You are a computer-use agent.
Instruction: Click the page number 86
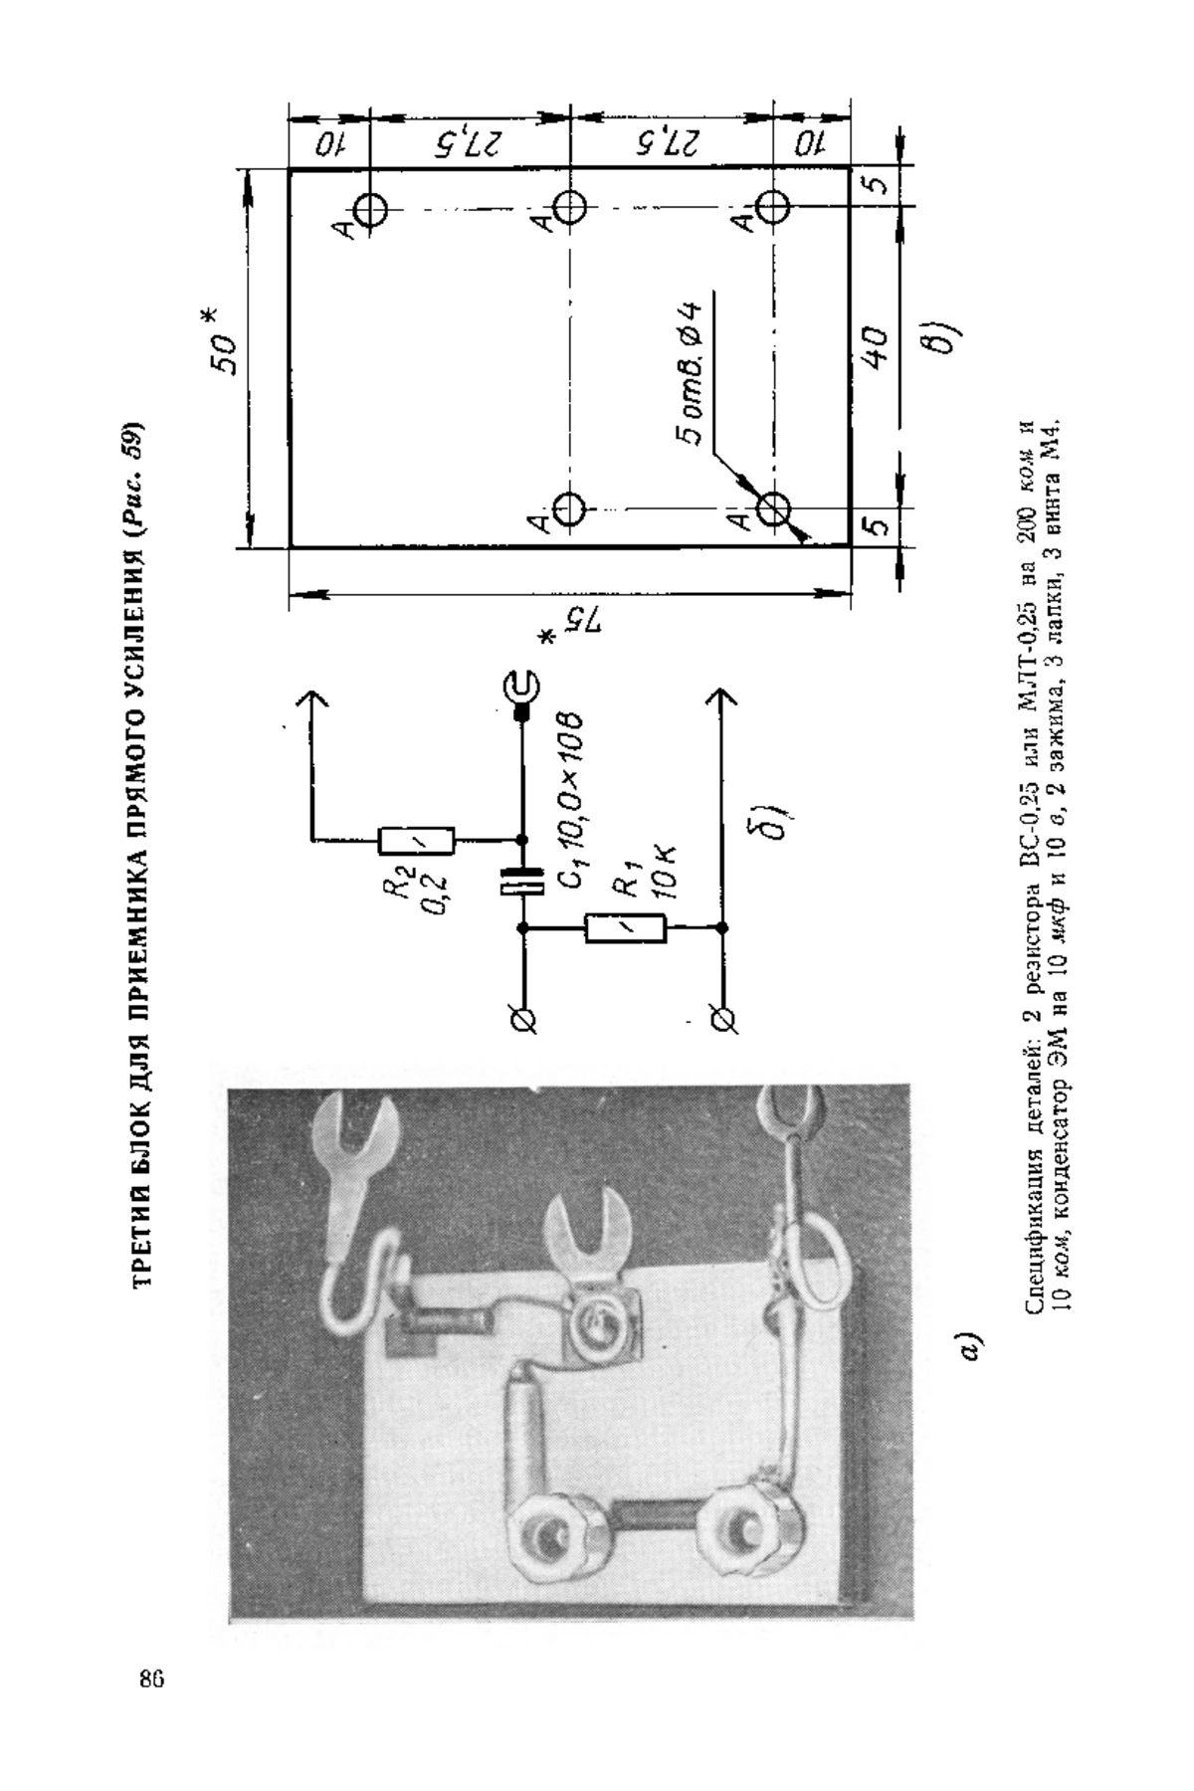(x=150, y=1679)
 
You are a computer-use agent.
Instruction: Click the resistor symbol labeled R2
(x=417, y=841)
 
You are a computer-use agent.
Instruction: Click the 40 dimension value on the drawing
(x=874, y=347)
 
